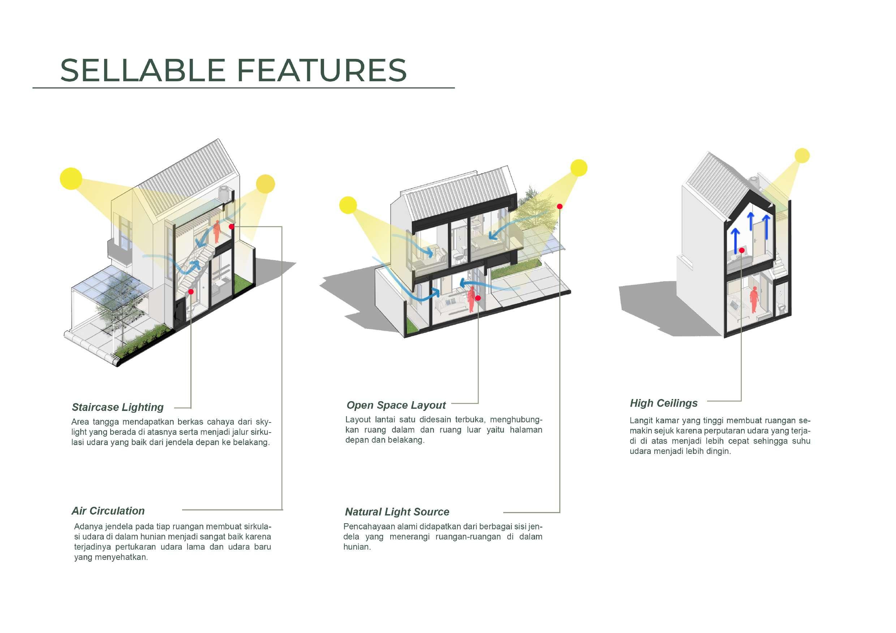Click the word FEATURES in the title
point(322,70)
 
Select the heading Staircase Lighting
point(117,407)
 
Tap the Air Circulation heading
point(108,511)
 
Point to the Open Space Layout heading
point(396,405)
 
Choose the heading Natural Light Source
point(397,512)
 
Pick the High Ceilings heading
point(663,403)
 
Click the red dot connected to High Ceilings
point(741,250)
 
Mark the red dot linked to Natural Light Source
point(560,206)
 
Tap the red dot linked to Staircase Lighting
point(191,292)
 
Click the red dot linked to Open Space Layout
point(478,298)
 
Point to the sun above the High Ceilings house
point(802,156)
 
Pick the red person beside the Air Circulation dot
point(216,232)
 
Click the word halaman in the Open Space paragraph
point(526,430)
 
